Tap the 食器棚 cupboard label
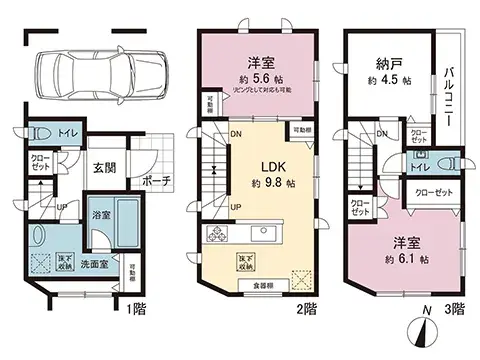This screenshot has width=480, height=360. [x=255, y=286]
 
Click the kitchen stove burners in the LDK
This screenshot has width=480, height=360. [x=218, y=235]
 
